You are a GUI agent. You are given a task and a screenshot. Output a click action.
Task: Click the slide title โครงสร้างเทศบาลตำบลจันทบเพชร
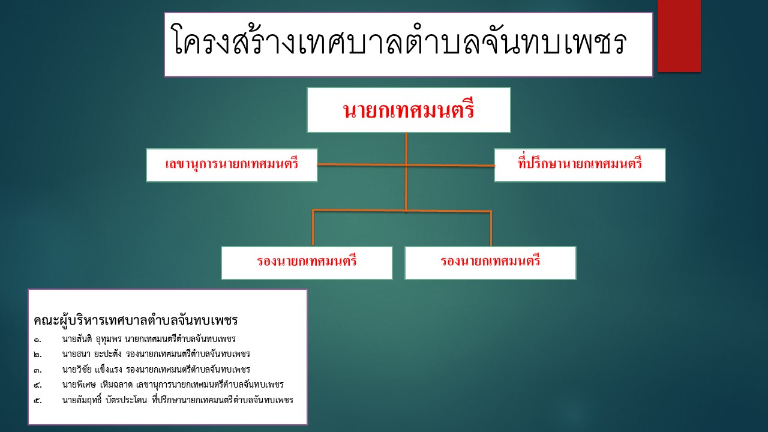tap(400, 40)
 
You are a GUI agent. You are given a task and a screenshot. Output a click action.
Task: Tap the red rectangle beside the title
tap(679, 35)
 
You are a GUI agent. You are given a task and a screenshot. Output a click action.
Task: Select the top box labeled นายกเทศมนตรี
tap(409, 110)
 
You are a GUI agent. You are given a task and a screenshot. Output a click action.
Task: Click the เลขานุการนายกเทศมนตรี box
tap(232, 165)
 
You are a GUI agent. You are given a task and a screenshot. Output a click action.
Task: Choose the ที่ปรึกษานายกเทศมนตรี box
tap(580, 165)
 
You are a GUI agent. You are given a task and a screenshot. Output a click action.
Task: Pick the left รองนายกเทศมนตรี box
tap(307, 263)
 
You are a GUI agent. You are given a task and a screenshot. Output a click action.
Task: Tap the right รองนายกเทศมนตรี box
tap(490, 263)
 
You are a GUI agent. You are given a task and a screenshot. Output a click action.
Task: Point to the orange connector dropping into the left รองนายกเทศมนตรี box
tap(313, 228)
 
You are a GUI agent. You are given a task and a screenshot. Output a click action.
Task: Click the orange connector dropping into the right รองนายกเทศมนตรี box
tap(491, 229)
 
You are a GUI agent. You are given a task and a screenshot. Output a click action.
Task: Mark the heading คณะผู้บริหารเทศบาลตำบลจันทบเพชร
tap(136, 320)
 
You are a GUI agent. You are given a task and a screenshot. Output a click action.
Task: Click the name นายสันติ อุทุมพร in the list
tap(92, 339)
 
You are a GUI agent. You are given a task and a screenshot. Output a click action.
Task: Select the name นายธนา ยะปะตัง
tap(92, 354)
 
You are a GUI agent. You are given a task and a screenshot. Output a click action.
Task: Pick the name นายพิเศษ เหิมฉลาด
tap(97, 385)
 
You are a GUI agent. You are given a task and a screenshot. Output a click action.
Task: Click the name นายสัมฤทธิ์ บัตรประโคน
tap(104, 400)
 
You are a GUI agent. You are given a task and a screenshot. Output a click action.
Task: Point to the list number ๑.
tap(37, 340)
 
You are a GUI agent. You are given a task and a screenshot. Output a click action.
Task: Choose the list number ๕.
tap(38, 400)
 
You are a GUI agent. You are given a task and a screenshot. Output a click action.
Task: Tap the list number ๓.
tap(38, 370)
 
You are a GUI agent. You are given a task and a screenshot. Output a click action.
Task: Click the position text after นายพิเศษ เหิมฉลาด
tap(210, 385)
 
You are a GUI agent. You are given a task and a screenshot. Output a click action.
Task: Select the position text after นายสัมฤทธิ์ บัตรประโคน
tap(223, 400)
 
